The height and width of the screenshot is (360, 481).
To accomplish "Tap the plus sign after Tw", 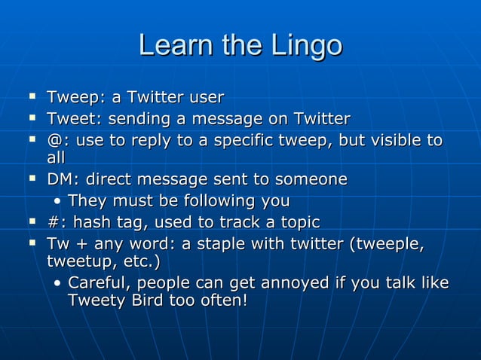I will point(80,246).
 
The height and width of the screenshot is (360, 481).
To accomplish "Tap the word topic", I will point(296,223).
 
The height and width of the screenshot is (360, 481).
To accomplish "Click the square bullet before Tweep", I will point(32,97).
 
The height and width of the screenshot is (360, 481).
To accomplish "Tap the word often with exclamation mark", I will point(222,300).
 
